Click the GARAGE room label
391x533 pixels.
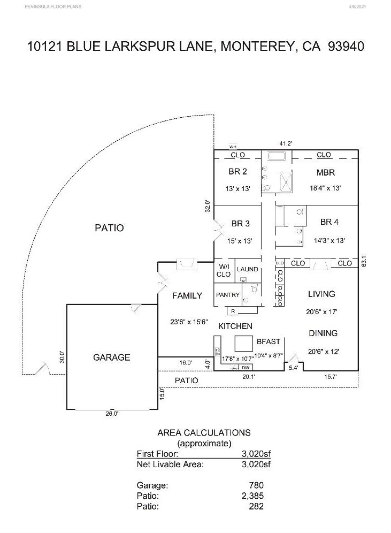tap(111, 357)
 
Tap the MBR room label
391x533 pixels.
tap(325, 172)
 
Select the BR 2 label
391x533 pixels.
tap(237, 172)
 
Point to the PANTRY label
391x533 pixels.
tap(227, 295)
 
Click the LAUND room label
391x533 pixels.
tap(247, 269)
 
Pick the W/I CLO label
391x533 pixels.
tap(224, 270)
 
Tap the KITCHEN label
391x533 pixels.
tap(235, 326)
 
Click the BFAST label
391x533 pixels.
tap(269, 341)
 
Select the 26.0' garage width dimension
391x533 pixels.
tap(111, 413)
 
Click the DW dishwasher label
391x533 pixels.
tap(246, 368)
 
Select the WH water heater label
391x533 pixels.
tap(233, 146)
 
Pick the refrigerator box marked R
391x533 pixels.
tap(233, 310)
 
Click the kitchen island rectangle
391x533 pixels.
tap(244, 343)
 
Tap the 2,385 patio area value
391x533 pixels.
tap(253, 496)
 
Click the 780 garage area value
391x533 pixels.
tap(256, 485)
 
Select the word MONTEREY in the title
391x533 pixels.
tap(256, 46)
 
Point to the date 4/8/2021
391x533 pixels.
tap(358, 7)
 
